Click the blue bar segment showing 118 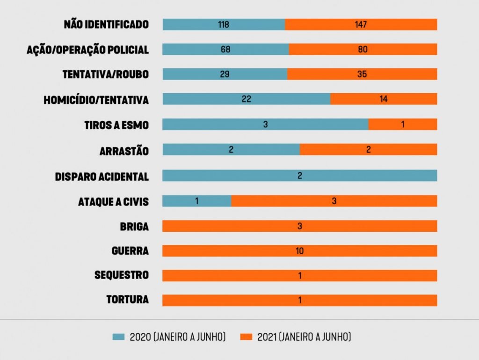224,24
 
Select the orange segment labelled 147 361,24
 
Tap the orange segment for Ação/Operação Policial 363,49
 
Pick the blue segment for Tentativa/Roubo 225,74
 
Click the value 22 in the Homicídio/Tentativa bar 247,99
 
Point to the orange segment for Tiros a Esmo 402,124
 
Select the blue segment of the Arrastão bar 231,149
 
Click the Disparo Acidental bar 299,176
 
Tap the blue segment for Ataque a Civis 196,201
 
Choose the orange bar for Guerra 299,251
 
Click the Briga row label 134,227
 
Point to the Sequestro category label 122,275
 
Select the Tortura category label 128,300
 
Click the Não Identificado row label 106,25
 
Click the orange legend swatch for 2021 246,337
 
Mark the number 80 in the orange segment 363,49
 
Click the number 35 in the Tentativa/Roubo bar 362,74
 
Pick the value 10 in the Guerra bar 299,251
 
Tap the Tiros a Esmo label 116,125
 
